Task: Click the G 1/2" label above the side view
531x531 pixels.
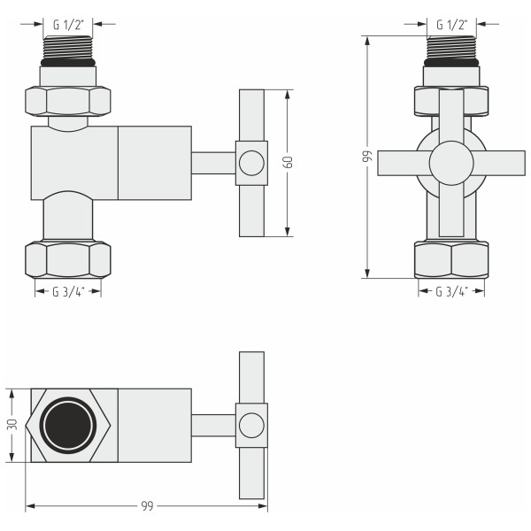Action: click(x=68, y=24)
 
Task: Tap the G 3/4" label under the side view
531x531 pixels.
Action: click(x=68, y=291)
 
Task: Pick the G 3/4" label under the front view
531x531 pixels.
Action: click(x=451, y=291)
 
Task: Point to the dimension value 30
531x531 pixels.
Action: click(x=12, y=425)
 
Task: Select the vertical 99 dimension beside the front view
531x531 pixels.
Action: click(x=366, y=157)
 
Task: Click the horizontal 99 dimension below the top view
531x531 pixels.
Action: click(x=147, y=506)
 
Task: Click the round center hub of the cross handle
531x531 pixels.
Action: click(x=451, y=164)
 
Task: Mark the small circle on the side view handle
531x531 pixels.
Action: click(x=251, y=163)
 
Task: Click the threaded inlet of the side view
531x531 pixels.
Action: click(x=68, y=48)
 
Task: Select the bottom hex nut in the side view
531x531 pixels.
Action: click(x=68, y=259)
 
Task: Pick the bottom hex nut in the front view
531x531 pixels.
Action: click(x=451, y=259)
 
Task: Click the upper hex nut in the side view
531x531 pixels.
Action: click(x=68, y=100)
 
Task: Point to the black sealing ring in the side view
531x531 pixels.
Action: click(x=68, y=63)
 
